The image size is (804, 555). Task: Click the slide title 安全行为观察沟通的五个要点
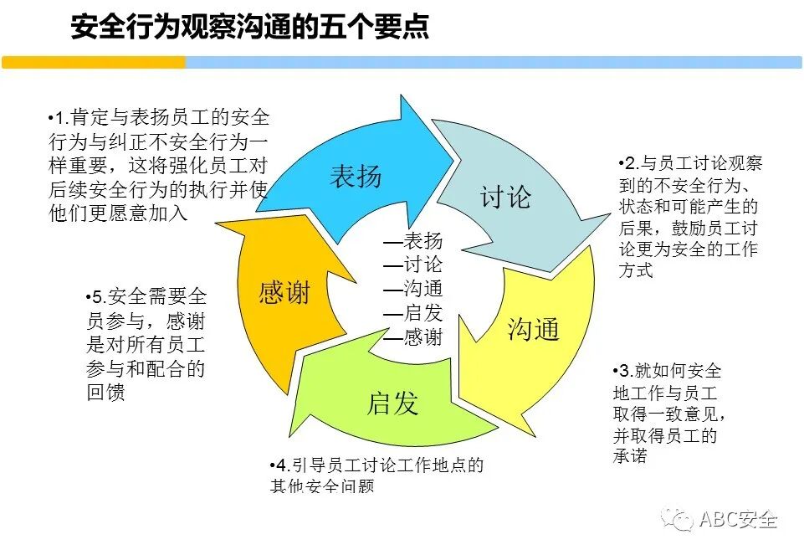tap(250, 27)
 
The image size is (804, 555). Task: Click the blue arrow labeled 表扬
tap(356, 176)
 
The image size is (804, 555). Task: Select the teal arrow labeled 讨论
tap(505, 198)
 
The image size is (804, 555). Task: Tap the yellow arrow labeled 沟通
tap(533, 329)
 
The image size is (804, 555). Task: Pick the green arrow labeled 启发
tap(392, 403)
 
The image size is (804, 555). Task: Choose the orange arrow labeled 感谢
tap(284, 293)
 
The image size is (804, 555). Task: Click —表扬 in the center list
tap(412, 241)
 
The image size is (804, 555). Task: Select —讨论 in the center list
tap(412, 265)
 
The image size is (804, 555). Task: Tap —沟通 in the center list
tap(412, 290)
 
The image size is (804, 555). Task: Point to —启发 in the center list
tap(412, 314)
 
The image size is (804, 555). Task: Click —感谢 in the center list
tap(412, 338)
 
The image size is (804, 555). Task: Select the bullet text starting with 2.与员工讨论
tap(689, 217)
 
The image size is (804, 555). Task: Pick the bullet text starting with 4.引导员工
tap(376, 474)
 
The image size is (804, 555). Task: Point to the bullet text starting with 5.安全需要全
tap(146, 344)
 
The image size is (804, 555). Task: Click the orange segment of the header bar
tap(93, 63)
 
